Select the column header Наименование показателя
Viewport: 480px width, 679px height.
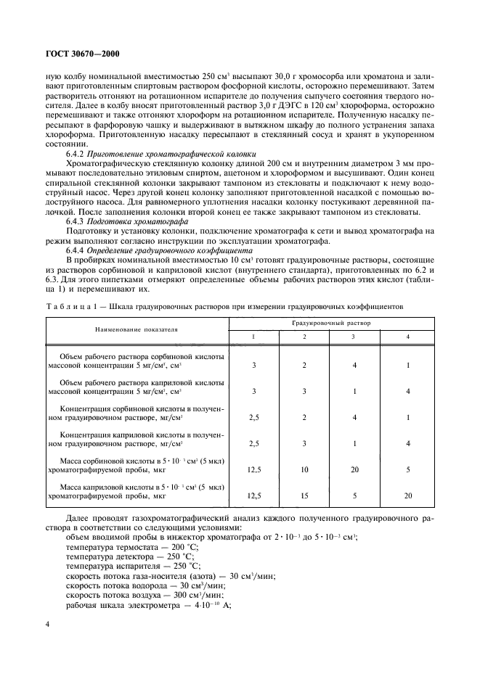pos(137,329)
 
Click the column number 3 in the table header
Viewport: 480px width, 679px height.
pos(354,336)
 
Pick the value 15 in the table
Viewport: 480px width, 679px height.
pos(304,495)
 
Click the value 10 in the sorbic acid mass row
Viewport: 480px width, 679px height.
pos(304,469)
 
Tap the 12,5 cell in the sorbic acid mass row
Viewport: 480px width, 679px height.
pos(254,469)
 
